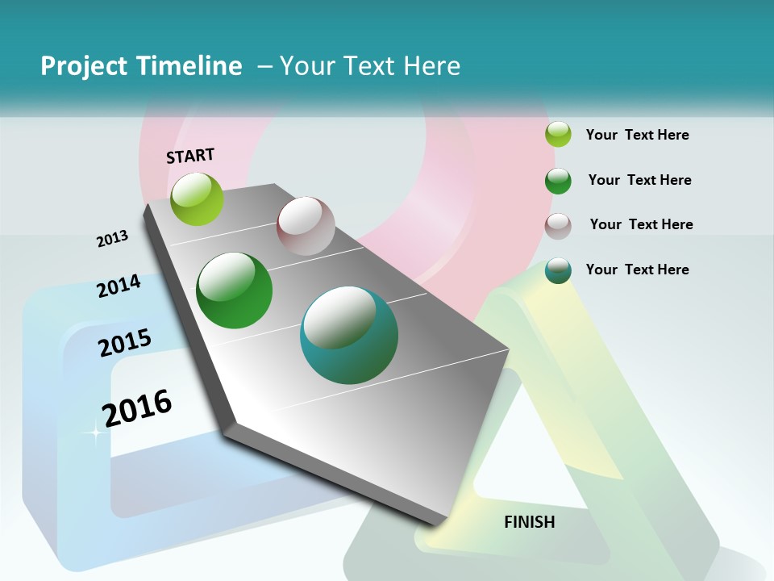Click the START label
coord(190,156)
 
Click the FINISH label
coord(530,522)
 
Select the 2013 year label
coord(112,239)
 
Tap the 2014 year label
coord(119,286)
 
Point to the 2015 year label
coord(125,343)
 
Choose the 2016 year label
coord(137,408)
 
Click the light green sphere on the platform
coord(197,199)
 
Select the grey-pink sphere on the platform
coord(306,226)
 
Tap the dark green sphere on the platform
coord(235,290)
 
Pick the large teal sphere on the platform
coord(349,335)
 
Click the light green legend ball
coord(559,135)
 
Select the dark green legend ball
coord(558,181)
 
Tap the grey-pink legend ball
coord(558,226)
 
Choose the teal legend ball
coord(558,271)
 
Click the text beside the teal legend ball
coord(637,270)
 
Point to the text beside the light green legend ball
coord(637,136)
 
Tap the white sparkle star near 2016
coord(94,434)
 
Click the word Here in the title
coord(431,66)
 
